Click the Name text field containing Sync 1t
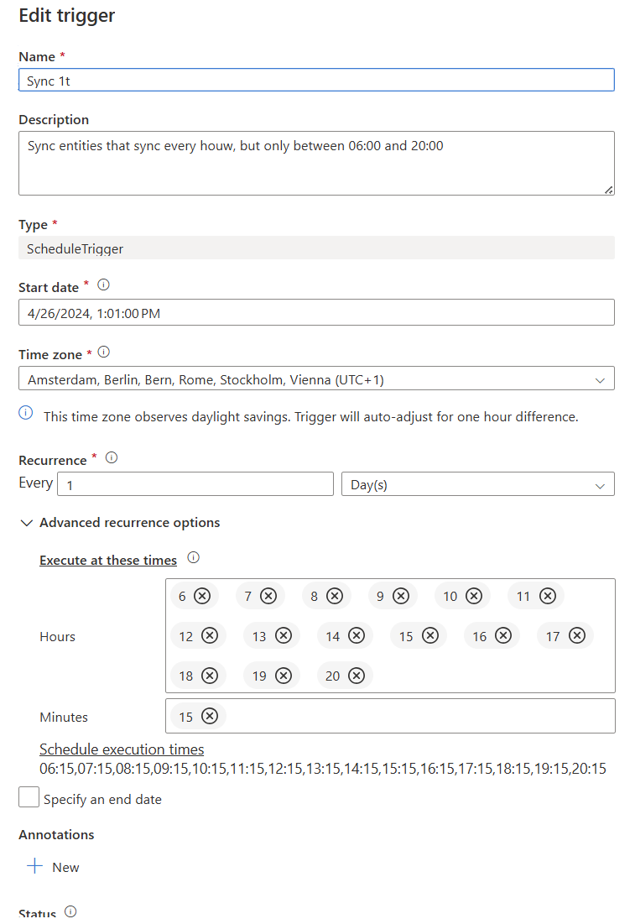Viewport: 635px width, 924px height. pos(315,80)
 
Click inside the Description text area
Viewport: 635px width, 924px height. pos(315,163)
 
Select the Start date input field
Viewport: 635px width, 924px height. pos(315,312)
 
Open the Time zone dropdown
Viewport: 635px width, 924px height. pos(315,378)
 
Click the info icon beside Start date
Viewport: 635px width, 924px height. pos(104,285)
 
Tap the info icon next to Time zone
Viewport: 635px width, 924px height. pos(104,352)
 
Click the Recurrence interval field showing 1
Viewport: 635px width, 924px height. pos(195,484)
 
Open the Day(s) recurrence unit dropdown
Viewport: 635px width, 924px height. pos(477,484)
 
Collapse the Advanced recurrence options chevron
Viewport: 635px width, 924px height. pos(28,523)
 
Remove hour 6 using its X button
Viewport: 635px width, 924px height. pos(202,596)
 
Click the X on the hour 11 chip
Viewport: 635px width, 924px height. pos(548,596)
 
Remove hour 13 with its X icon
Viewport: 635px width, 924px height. pos(284,636)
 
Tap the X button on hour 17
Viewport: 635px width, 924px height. pos(577,636)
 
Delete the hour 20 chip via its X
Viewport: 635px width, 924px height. pos(357,676)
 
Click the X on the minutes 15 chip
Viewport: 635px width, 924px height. pos(210,716)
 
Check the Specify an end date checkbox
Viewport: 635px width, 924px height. pos(29,798)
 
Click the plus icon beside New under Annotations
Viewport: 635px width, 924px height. pos(34,867)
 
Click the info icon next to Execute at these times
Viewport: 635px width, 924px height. pos(194,557)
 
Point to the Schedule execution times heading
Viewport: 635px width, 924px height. pos(122,749)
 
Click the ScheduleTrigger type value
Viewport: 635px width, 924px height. pos(75,248)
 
